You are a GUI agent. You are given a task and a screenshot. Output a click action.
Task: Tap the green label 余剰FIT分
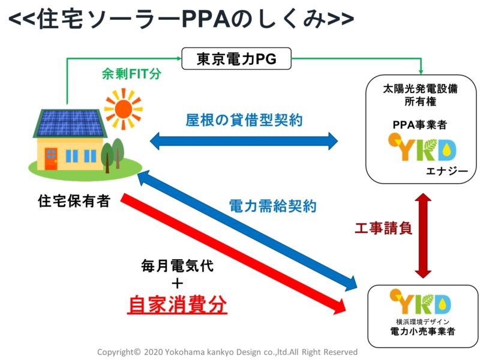tap(131, 74)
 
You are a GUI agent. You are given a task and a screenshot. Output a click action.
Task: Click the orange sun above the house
tap(124, 109)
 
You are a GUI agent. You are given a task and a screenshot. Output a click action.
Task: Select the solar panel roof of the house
tap(70, 123)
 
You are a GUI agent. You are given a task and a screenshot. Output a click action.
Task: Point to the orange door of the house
tap(51, 158)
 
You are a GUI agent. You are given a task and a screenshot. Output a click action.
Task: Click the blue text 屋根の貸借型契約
tap(244, 120)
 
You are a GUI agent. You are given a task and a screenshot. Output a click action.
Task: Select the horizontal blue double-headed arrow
tap(244, 141)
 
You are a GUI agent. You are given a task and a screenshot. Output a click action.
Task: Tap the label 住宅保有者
tap(74, 201)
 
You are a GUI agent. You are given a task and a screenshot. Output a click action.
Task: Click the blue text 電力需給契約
tap(272, 206)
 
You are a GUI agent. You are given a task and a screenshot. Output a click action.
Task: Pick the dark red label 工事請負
tap(383, 228)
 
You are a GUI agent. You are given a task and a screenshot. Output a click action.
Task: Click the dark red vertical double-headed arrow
tap(423, 235)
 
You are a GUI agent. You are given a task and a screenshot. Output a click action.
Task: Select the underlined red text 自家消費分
tap(177, 304)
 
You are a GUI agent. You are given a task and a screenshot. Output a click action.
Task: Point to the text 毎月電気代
tap(177, 265)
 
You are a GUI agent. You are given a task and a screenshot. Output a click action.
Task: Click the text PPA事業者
tap(419, 125)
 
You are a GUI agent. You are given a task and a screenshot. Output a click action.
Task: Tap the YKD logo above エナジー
tap(422, 147)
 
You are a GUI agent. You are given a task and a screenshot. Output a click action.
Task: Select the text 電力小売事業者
tap(422, 331)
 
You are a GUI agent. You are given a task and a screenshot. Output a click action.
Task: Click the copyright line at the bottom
tap(227, 352)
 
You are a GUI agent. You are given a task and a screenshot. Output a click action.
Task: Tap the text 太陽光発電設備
tap(421, 89)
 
